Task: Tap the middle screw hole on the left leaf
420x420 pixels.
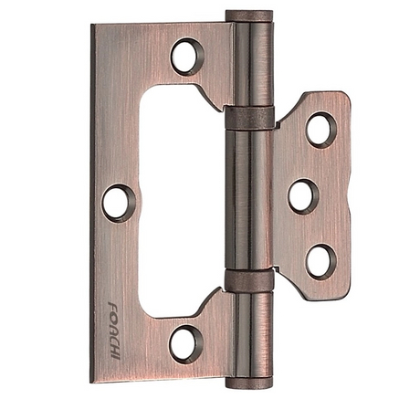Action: coord(118,202)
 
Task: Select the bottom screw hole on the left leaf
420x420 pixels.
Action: coord(185,343)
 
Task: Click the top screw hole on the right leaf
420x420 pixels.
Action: coord(320,129)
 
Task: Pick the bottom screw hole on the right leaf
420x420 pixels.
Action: coord(320,261)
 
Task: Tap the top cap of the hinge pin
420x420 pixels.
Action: coord(248,16)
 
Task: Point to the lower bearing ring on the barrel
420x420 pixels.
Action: coord(247,279)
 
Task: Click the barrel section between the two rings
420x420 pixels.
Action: coord(248,198)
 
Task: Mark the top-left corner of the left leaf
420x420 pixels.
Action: coord(93,26)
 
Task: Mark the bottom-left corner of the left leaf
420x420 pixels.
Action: coord(93,381)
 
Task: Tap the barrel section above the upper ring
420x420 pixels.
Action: coord(248,64)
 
